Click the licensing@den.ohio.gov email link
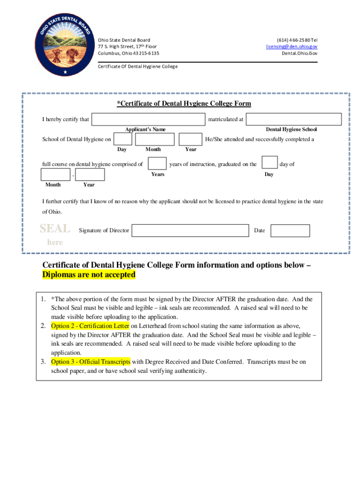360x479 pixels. point(292,47)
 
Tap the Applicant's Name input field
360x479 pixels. point(148,119)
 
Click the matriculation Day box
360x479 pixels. point(123,139)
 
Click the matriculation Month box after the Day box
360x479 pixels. point(155,139)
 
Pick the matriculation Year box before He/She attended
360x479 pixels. point(191,139)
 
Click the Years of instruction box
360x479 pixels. point(157,164)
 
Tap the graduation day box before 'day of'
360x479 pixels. point(269,163)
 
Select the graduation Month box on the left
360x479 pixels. point(56,174)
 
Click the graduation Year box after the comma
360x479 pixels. point(90,174)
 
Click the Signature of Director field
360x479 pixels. point(190,231)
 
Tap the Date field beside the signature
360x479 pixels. point(290,231)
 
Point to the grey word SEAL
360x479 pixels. point(55,229)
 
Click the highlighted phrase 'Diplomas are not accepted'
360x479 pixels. point(89,275)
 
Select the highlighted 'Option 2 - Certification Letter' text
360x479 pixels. point(90,326)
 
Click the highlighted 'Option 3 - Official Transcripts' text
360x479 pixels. point(91,362)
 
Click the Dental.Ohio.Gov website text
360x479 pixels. point(299,53)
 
